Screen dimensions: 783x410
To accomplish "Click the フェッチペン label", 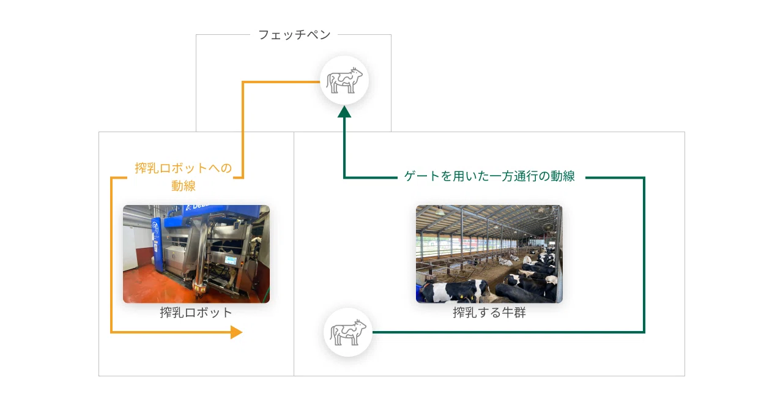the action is (x=294, y=35).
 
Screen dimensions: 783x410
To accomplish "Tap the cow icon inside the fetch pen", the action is (x=344, y=80).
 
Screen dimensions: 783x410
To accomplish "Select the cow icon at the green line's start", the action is (x=348, y=332).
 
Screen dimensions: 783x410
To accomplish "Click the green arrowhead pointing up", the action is (x=344, y=112).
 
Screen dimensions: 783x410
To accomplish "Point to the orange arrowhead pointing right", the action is (x=236, y=332).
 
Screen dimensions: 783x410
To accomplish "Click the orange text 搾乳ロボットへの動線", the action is (x=184, y=177).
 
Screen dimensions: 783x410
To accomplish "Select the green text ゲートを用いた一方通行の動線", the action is (x=489, y=176).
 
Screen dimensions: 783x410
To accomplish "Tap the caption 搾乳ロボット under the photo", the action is (x=196, y=313).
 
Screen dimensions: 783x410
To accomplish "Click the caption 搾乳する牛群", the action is (x=489, y=313).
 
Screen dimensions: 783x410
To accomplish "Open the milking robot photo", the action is (x=196, y=254).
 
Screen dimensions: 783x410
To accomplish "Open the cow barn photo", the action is (x=489, y=254).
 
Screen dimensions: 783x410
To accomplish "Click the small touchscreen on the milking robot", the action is (x=231, y=260).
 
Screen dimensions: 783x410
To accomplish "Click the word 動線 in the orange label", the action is (x=184, y=185).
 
